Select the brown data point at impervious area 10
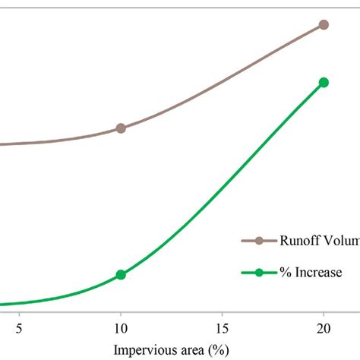[x=121, y=128]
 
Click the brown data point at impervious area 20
[x=324, y=24]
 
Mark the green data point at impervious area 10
[x=121, y=275]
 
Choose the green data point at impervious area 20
[x=324, y=82]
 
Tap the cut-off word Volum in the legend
[x=342, y=241]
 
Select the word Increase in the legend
[x=319, y=272]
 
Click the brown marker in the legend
[x=259, y=241]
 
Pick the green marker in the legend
[x=259, y=272]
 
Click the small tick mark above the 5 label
[x=20, y=312]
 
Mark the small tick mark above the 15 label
[x=222, y=312]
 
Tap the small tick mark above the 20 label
[x=324, y=312]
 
